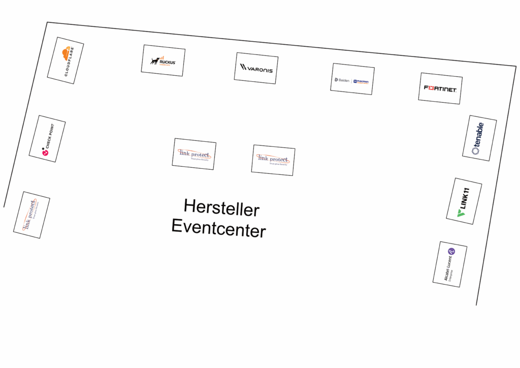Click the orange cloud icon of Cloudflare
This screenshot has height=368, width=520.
(x=67, y=54)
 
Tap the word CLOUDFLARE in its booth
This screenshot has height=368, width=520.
(x=70, y=62)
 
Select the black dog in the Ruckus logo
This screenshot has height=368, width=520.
(x=155, y=61)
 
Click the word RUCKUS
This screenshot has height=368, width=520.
(x=168, y=62)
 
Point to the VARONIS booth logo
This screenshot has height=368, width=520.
(x=256, y=68)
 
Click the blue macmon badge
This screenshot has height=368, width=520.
(x=361, y=81)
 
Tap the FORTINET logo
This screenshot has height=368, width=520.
(x=440, y=88)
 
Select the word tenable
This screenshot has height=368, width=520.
(x=480, y=134)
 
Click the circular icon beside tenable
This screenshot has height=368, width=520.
(x=476, y=150)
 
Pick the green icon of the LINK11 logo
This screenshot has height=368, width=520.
(x=461, y=213)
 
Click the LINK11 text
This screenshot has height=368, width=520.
(x=465, y=198)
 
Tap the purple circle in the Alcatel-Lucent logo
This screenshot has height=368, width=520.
(x=451, y=252)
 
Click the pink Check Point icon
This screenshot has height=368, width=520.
(x=45, y=151)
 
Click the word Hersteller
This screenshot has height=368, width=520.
(x=221, y=208)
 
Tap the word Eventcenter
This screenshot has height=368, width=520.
(x=218, y=228)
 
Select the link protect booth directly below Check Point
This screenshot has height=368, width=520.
(x=31, y=215)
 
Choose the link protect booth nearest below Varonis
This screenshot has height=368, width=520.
(x=273, y=160)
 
